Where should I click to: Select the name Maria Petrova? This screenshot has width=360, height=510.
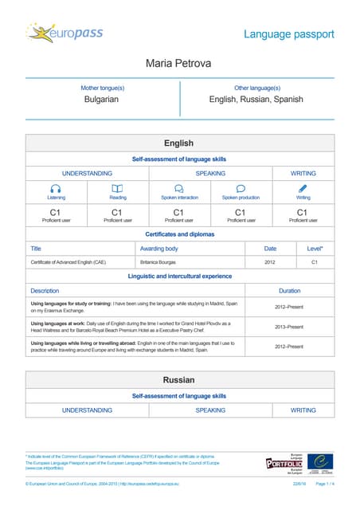point(179,63)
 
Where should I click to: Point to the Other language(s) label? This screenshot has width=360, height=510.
point(256,87)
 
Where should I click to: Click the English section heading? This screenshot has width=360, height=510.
point(179,143)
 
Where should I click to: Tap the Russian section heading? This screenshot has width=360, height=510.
point(179,380)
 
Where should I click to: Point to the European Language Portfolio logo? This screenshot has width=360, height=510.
point(284,462)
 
